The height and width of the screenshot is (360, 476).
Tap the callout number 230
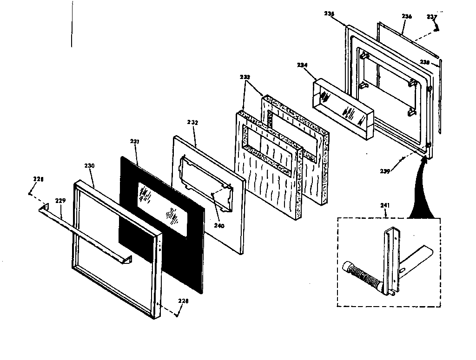[x=90, y=166]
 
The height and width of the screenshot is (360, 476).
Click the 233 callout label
[x=245, y=77]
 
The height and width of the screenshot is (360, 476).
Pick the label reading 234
[x=303, y=65]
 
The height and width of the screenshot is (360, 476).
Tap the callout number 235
[x=329, y=14]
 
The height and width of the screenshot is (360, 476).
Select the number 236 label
[x=407, y=16]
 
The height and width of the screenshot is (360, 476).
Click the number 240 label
[x=219, y=226]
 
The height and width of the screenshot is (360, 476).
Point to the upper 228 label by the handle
[x=37, y=178]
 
